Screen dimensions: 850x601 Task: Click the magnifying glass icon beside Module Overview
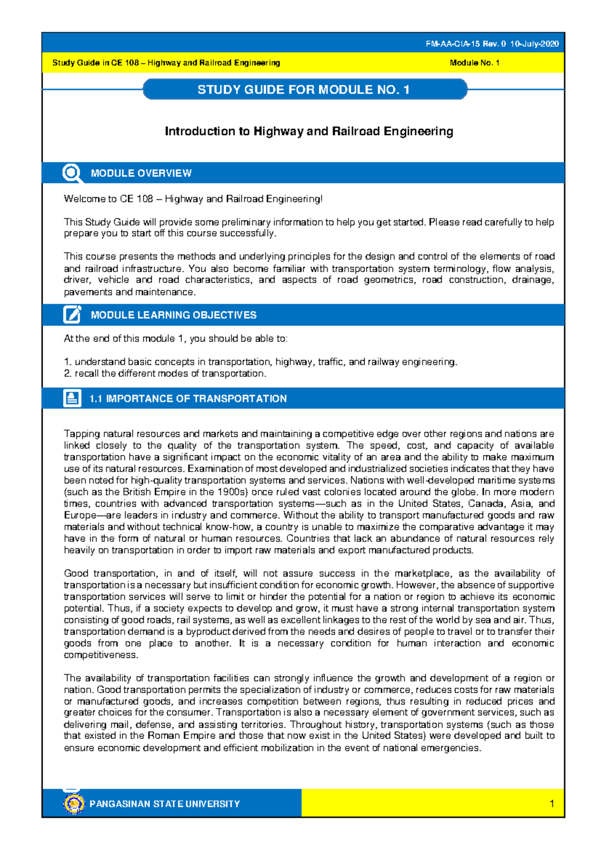pyautogui.click(x=72, y=173)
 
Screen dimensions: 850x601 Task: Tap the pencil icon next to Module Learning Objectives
pyautogui.click(x=72, y=315)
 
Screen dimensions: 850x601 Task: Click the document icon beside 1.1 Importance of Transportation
pyautogui.click(x=72, y=398)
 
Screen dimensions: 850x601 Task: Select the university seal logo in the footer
pyautogui.click(x=74, y=803)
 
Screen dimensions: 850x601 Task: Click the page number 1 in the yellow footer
pyautogui.click(x=551, y=804)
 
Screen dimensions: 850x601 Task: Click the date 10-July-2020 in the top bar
pyautogui.click(x=534, y=44)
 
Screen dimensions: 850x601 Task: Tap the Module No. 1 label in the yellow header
pyautogui.click(x=474, y=63)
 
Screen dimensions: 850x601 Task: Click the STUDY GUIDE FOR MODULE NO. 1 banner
pyautogui.click(x=304, y=90)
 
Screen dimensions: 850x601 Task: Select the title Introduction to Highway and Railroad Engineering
pyautogui.click(x=309, y=131)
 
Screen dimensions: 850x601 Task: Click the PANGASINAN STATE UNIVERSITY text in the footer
pyautogui.click(x=165, y=804)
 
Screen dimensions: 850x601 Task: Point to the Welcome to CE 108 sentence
pyautogui.click(x=193, y=199)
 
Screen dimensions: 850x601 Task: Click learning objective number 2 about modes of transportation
pyautogui.click(x=165, y=373)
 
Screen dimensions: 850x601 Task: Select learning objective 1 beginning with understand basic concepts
pyautogui.click(x=260, y=362)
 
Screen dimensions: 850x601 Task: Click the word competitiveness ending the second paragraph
pyautogui.click(x=101, y=655)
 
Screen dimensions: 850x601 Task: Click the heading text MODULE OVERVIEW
pyautogui.click(x=141, y=173)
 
